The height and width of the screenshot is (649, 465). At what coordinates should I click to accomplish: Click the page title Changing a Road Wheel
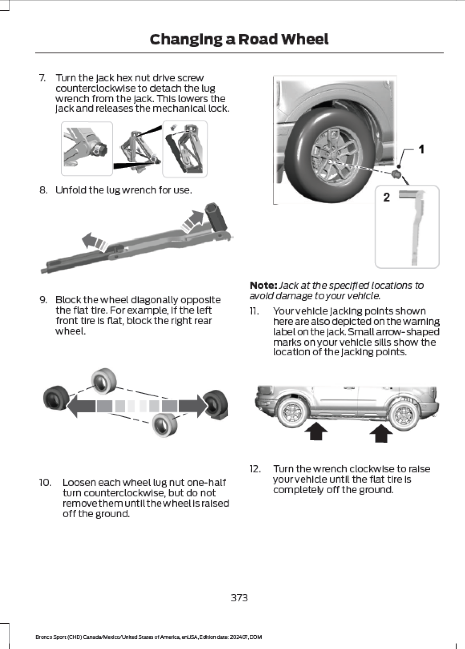click(239, 39)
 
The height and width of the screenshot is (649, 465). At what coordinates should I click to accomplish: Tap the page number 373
click(239, 597)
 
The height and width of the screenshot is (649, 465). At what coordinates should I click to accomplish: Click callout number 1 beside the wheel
click(421, 149)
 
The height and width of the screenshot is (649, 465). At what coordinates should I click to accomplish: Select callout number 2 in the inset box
click(386, 197)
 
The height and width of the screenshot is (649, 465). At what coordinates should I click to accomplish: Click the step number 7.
click(42, 78)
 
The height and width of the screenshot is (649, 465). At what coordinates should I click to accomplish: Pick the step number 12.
click(255, 469)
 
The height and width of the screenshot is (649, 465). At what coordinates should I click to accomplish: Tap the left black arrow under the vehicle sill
click(316, 433)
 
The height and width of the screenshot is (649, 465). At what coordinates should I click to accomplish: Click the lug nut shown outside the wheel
click(396, 174)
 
